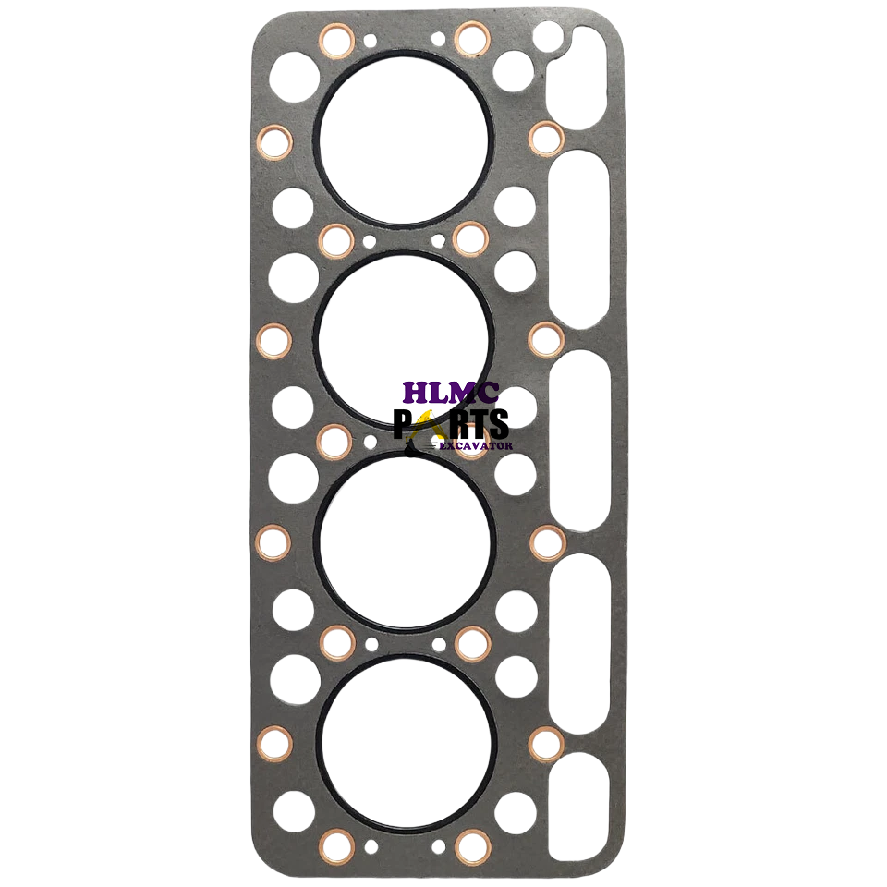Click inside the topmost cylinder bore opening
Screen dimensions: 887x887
click(x=404, y=140)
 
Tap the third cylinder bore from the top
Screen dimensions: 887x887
click(x=405, y=541)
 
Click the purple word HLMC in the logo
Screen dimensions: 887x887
click(x=451, y=393)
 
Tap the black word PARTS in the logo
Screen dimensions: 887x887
click(x=451, y=424)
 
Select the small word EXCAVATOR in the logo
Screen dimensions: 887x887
click(x=476, y=445)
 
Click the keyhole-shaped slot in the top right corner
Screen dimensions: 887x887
click(x=577, y=77)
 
